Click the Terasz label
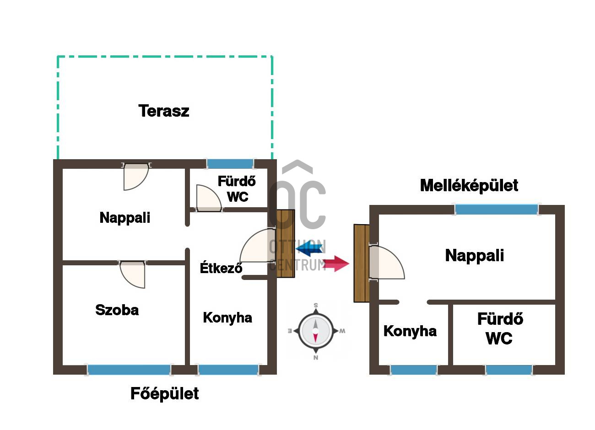pyautogui.click(x=164, y=111)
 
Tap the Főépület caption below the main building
pyautogui.click(x=164, y=394)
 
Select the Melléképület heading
pyautogui.click(x=469, y=186)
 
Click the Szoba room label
pyautogui.click(x=117, y=310)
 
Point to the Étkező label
pyautogui.click(x=221, y=267)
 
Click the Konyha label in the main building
pyautogui.click(x=227, y=318)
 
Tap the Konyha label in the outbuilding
pyautogui.click(x=410, y=332)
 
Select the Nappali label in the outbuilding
pyautogui.click(x=475, y=256)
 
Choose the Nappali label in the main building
pyautogui.click(x=125, y=218)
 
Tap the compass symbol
pyautogui.click(x=316, y=331)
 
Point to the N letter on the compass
pyautogui.click(x=316, y=358)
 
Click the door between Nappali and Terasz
pyautogui.click(x=136, y=177)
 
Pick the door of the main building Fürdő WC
pyautogui.click(x=209, y=198)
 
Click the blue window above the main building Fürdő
pyautogui.click(x=230, y=164)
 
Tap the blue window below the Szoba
pyautogui.click(x=129, y=370)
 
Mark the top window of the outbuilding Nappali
pyautogui.click(x=497, y=210)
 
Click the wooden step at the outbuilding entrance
pyautogui.click(x=362, y=263)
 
